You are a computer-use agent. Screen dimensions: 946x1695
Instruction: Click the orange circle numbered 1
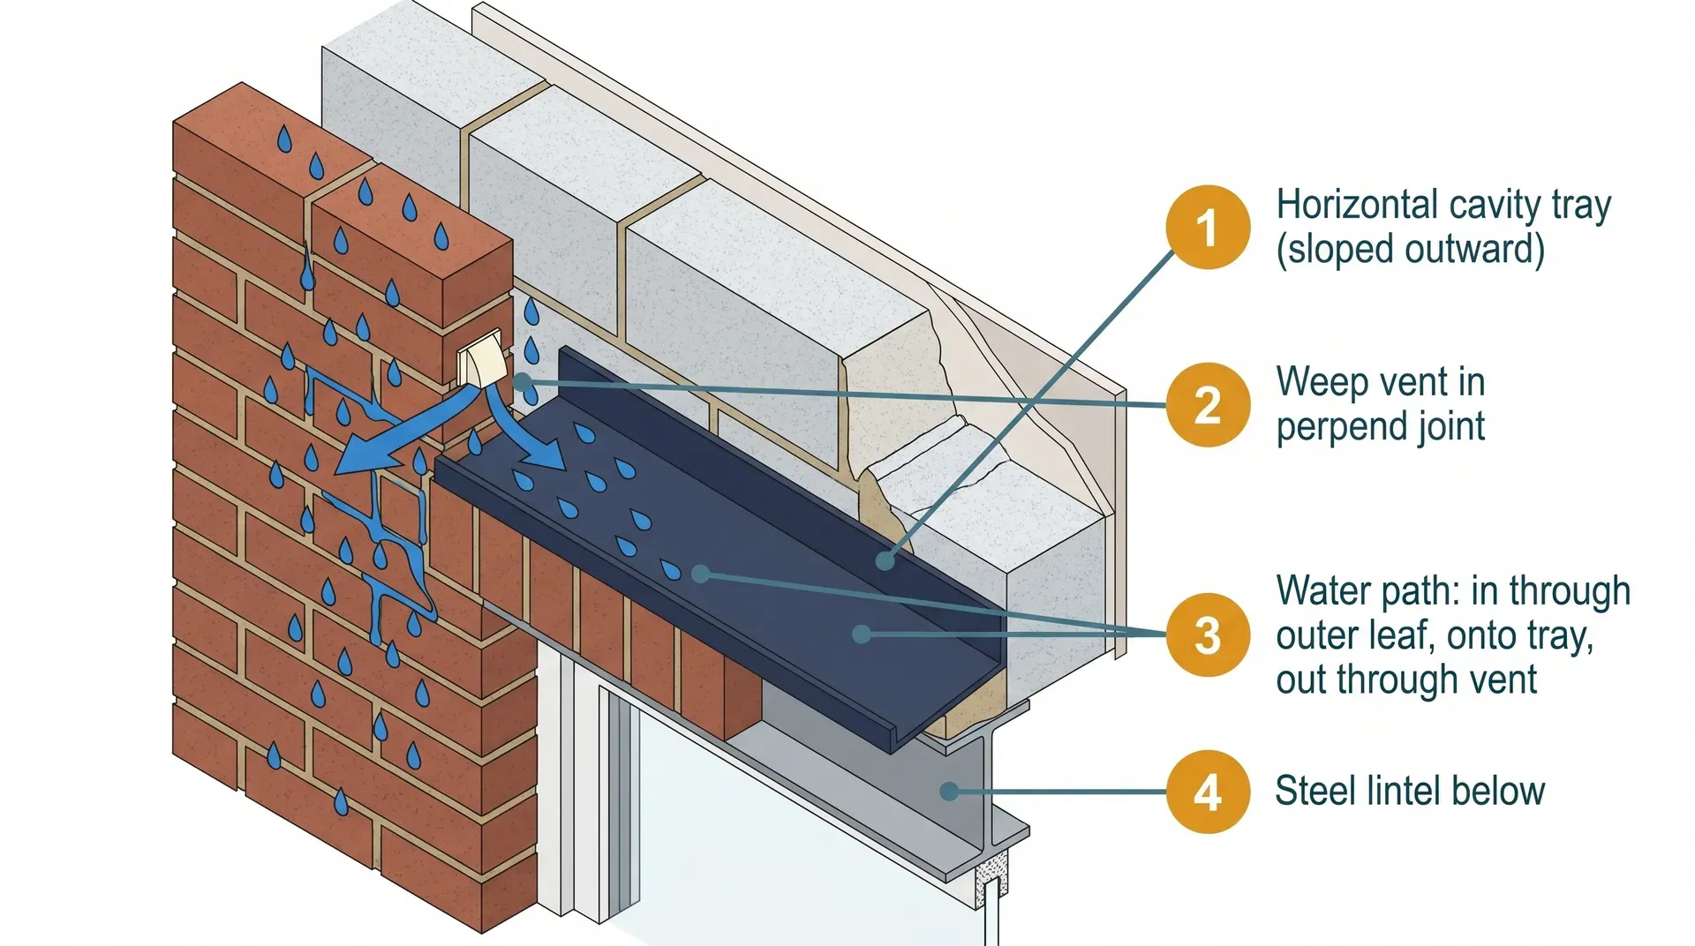[1207, 227]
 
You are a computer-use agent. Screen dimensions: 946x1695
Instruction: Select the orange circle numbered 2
[1207, 405]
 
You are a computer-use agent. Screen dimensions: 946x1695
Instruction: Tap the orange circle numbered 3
[1207, 634]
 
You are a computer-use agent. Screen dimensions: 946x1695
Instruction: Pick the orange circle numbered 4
[1207, 792]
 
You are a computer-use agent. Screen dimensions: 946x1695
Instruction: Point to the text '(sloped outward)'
[1410, 250]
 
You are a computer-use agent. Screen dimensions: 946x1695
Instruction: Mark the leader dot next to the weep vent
[523, 382]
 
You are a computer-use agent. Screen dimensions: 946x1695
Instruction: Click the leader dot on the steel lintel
[949, 792]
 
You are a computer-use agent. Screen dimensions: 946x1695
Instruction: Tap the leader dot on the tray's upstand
[885, 560]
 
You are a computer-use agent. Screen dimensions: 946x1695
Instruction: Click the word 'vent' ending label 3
[1508, 680]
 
